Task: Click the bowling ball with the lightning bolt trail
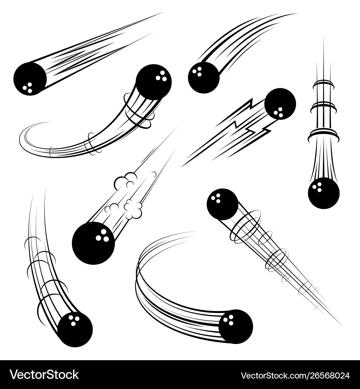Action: (280, 104)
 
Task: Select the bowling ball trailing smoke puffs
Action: (93, 243)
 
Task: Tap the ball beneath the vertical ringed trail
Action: (324, 193)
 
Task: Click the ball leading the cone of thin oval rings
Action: (222, 204)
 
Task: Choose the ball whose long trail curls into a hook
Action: (154, 82)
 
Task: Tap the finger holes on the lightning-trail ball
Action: (278, 112)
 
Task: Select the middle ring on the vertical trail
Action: (323, 107)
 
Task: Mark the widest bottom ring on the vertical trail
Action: (324, 135)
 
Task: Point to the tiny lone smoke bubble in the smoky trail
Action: (154, 174)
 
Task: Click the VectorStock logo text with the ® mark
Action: (44, 375)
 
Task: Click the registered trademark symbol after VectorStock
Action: (81, 370)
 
